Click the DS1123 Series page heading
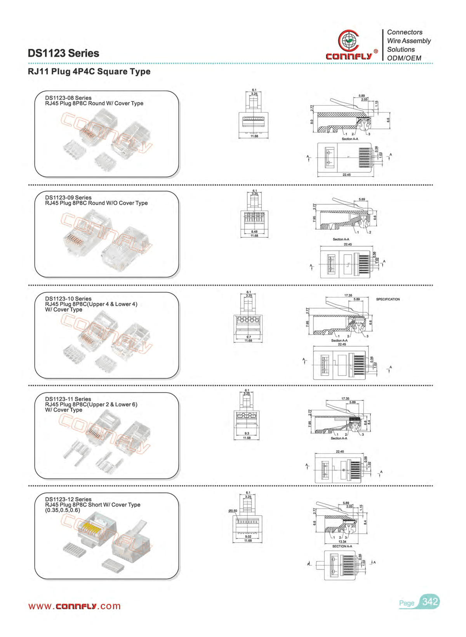pos(63,53)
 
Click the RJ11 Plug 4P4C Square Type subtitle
pos(89,71)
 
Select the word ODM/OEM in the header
pos(404,58)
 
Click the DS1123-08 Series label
pos(68,98)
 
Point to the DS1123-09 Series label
pos(68,197)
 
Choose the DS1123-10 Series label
pos(68,299)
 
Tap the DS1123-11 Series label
pos(68,399)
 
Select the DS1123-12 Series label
pos(68,499)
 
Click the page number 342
pos(430,602)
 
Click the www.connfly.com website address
pos(75,606)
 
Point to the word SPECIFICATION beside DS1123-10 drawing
pos(388,299)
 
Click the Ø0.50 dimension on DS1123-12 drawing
pos(233,511)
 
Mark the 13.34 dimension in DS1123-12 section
pos(342,541)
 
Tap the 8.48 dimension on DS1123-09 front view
pos(254,232)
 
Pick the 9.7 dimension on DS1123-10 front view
pos(249,337)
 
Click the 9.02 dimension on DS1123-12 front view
pos(248,536)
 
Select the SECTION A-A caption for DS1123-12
pos(342,546)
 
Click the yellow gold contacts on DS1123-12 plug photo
pos(90,527)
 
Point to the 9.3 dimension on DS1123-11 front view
pos(247,433)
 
